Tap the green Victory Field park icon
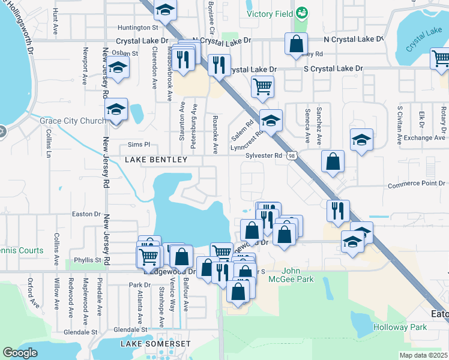(302, 13)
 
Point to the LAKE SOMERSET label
(155, 344)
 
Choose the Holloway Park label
(400, 327)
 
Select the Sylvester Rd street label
(264, 155)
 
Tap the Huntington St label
(137, 28)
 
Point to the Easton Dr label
(86, 214)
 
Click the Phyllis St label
(88, 260)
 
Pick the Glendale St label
(80, 332)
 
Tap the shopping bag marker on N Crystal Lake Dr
(296, 44)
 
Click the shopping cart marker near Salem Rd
(262, 86)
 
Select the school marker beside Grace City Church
(116, 110)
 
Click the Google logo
(20, 353)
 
